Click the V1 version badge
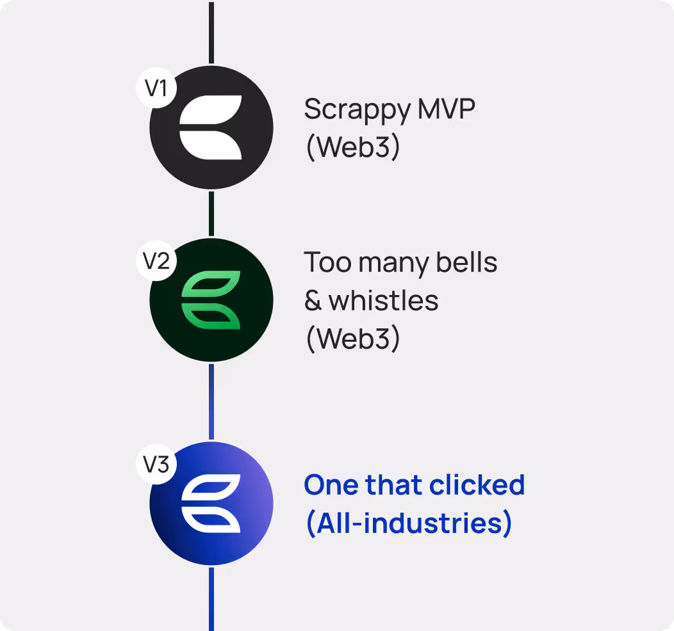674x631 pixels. click(156, 88)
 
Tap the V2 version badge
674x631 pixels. click(156, 260)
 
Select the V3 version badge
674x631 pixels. click(156, 464)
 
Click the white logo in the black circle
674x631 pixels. click(211, 127)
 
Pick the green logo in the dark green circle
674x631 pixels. click(211, 300)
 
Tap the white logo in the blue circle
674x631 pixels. click(211, 504)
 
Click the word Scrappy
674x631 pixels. click(358, 110)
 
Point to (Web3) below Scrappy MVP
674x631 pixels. click(353, 147)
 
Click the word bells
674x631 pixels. click(466, 262)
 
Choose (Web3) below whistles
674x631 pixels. click(353, 339)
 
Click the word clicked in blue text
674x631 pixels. click(477, 484)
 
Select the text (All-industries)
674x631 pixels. click(409, 523)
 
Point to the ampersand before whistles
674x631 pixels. click(313, 301)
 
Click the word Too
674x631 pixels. click(327, 262)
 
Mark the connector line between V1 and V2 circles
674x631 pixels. click(211, 213)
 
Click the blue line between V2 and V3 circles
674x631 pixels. click(211, 401)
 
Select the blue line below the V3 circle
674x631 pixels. click(211, 599)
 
